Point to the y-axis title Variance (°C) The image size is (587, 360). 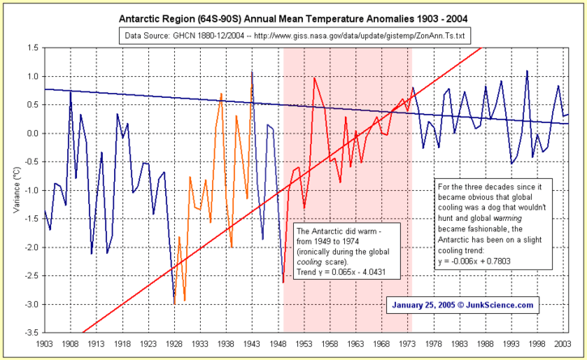tap(15, 190)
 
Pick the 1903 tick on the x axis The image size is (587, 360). tap(45, 345)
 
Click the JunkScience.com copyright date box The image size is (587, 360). tap(463, 305)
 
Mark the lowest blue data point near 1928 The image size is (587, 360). tap(174, 303)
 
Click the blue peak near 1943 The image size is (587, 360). tap(252, 72)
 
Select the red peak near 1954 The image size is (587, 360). tap(314, 78)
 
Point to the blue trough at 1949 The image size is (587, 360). tap(283, 282)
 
